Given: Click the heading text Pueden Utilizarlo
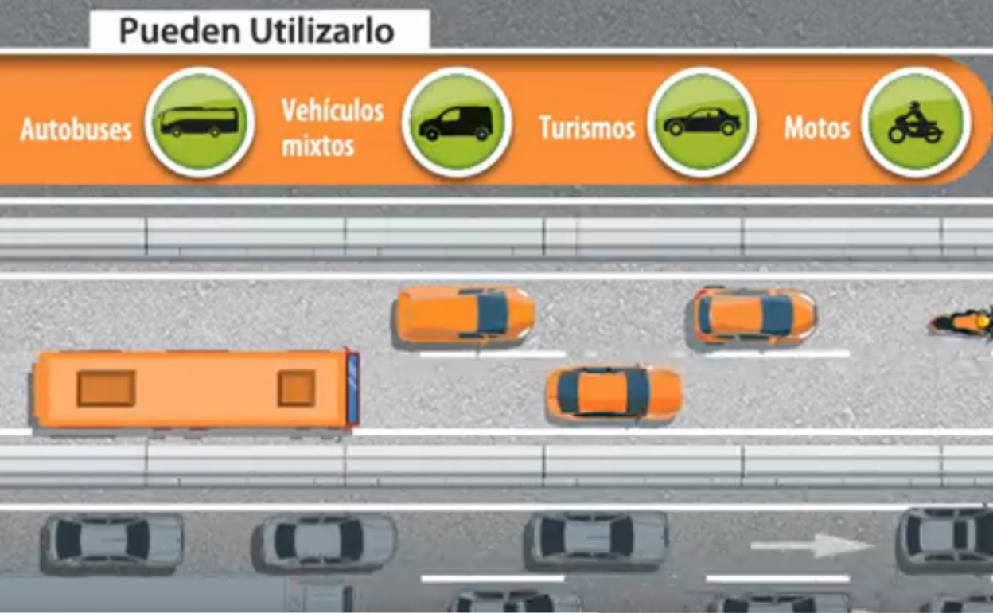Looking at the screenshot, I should [x=256, y=31].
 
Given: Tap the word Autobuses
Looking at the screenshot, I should [x=76, y=129].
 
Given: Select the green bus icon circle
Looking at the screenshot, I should [x=199, y=122].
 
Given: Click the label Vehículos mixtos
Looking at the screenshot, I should [x=332, y=127].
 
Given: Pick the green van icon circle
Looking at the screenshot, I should [x=456, y=122].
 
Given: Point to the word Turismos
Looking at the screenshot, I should [x=587, y=127].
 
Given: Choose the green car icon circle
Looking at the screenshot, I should [x=701, y=122].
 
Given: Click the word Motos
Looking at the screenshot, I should [x=816, y=128].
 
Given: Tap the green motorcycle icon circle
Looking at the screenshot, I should [x=915, y=122].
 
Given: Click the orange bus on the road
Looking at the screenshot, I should [x=194, y=389].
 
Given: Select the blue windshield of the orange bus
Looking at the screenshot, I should [x=352, y=388].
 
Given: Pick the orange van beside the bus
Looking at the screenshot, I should [x=464, y=314].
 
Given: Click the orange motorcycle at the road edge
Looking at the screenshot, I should [x=964, y=322].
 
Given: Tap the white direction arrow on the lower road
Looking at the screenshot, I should [x=812, y=545].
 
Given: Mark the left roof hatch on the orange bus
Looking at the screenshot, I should [x=106, y=388].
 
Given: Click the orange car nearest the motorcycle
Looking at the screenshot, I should [x=753, y=315].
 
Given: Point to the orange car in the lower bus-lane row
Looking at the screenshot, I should [x=613, y=392].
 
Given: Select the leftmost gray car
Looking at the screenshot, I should [x=112, y=540].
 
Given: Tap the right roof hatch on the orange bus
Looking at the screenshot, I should [x=296, y=388].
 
